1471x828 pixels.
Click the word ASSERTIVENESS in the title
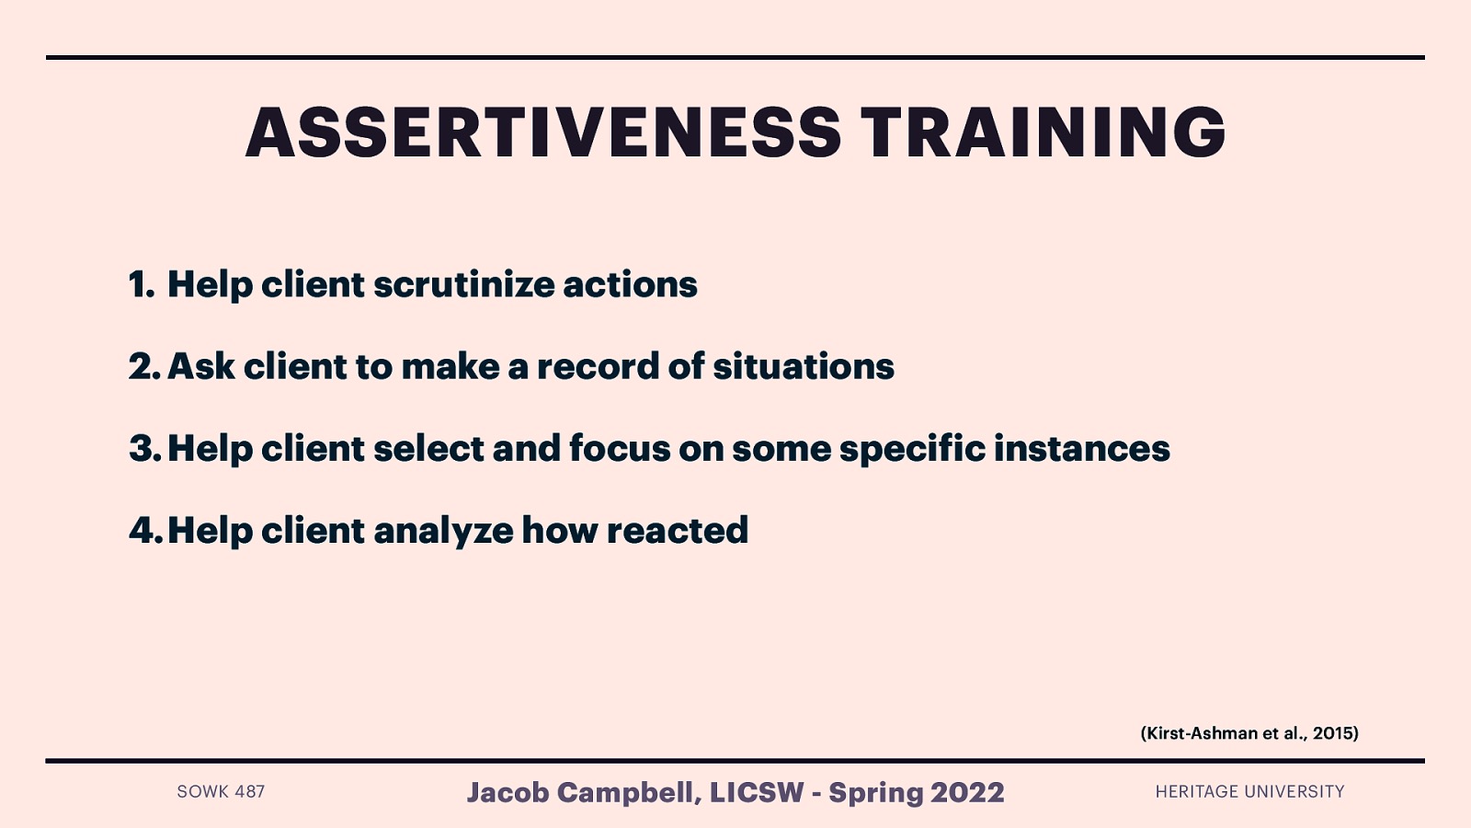(x=542, y=132)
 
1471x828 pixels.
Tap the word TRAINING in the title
(x=1043, y=132)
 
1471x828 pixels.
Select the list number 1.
(x=141, y=284)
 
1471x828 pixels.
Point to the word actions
(x=630, y=284)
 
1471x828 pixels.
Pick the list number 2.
(x=144, y=366)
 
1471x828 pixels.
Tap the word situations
(x=803, y=366)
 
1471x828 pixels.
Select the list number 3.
(x=144, y=448)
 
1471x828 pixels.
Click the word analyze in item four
(x=442, y=531)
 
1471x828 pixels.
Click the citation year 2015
(x=1333, y=733)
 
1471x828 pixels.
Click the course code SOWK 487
(x=221, y=791)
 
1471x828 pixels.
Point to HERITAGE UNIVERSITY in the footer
(x=1249, y=791)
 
